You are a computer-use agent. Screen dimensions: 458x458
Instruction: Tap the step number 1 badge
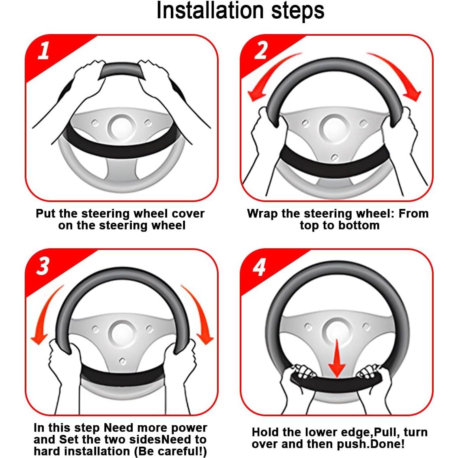[x=43, y=51]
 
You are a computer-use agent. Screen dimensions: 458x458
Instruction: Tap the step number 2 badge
[x=260, y=50]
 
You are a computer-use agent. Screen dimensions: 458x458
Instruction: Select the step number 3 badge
[x=43, y=266]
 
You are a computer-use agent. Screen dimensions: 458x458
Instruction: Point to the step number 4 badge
[x=259, y=267]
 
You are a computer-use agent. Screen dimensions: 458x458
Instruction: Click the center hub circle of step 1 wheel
[x=122, y=128]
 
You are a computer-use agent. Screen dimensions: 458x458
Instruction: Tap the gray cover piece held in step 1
[x=122, y=70]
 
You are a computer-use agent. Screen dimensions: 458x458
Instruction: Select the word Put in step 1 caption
[x=46, y=213]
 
